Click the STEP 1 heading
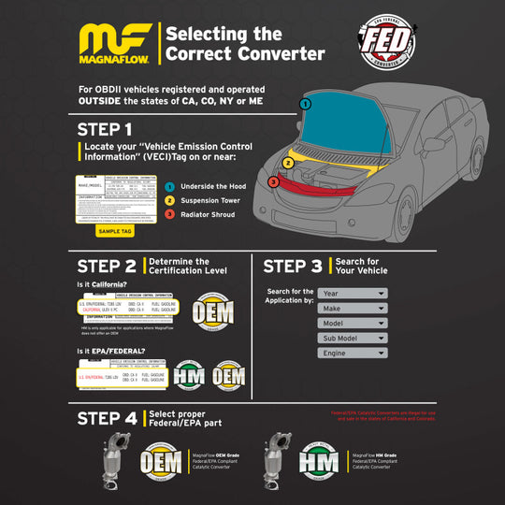(x=104, y=128)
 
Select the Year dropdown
(x=353, y=293)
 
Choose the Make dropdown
(x=353, y=308)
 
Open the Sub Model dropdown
(x=353, y=338)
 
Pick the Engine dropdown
(x=353, y=353)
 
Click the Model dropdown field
(x=353, y=323)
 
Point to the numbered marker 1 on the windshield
(x=305, y=104)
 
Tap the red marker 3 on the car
(x=273, y=181)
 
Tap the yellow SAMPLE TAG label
(x=115, y=230)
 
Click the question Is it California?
(x=101, y=283)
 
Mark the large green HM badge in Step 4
(x=317, y=461)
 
